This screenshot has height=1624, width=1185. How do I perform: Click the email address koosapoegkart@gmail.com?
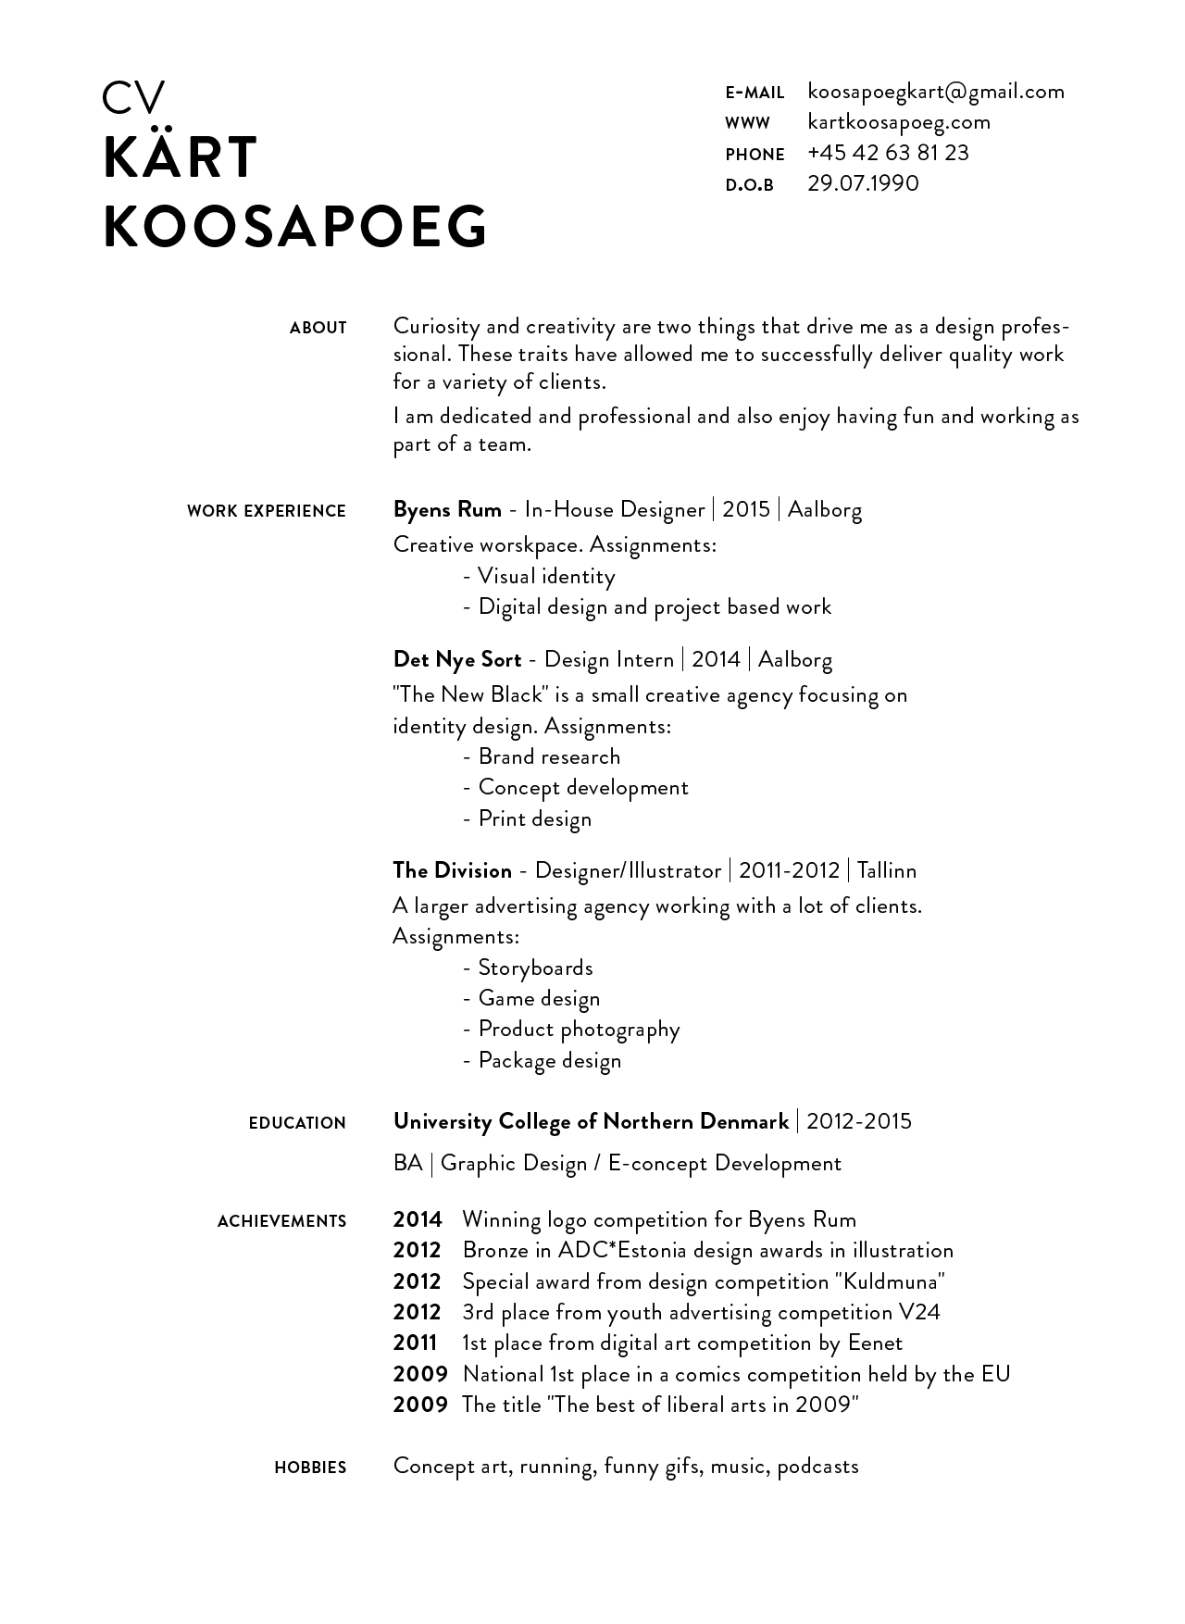(x=935, y=92)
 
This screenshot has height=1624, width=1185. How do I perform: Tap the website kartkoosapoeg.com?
(x=898, y=122)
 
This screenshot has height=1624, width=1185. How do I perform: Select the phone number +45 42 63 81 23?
(x=887, y=153)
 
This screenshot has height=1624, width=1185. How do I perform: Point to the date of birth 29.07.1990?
(x=863, y=183)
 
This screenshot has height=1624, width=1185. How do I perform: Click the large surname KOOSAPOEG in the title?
(x=295, y=226)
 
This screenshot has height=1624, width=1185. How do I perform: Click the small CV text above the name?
(x=133, y=98)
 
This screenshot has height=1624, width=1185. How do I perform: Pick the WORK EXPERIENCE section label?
(x=266, y=511)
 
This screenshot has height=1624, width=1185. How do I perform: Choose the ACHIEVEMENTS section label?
(x=281, y=1222)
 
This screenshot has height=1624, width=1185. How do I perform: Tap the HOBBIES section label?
(x=310, y=1468)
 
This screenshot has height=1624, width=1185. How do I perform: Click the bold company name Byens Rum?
(x=447, y=509)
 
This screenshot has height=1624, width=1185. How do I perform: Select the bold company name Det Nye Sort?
(x=457, y=659)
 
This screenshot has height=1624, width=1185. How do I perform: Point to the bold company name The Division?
(x=452, y=870)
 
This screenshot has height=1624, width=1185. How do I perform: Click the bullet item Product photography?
(x=579, y=1030)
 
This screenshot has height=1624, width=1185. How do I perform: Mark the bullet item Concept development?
(x=583, y=788)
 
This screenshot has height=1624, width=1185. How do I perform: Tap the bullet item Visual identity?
(x=546, y=577)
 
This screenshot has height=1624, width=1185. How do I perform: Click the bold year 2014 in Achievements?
(x=418, y=1220)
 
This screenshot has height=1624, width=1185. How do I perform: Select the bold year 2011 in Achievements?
(x=415, y=1343)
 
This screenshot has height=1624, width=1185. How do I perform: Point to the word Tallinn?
(x=887, y=871)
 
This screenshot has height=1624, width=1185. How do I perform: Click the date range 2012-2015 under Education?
(x=859, y=1122)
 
